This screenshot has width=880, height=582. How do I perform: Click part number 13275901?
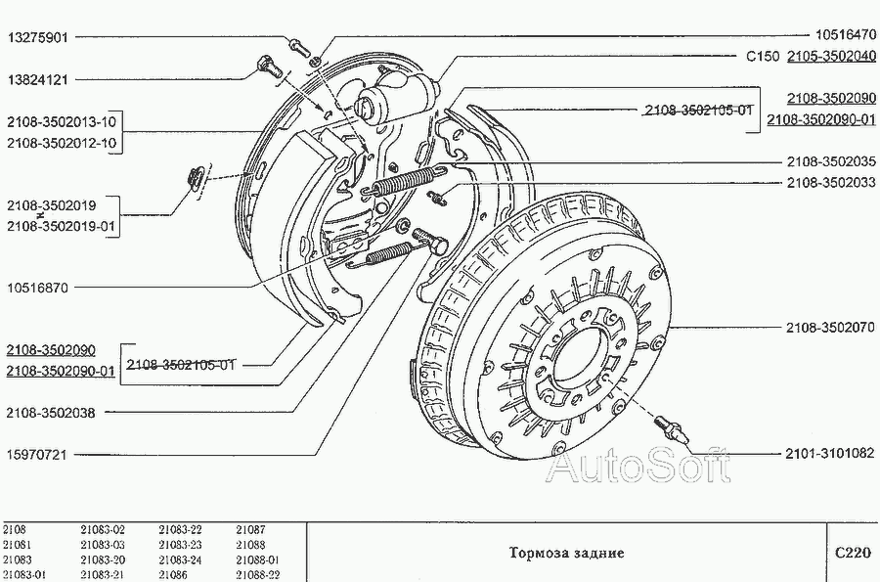(37, 38)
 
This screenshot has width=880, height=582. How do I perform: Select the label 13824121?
(37, 78)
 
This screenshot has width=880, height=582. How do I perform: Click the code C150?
(762, 56)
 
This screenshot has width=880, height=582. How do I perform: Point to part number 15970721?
(37, 454)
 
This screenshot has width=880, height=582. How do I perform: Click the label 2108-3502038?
(50, 412)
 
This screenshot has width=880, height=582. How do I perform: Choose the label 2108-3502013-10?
(62, 122)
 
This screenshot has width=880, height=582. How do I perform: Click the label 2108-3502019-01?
(62, 226)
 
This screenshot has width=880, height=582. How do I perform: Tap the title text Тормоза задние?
(566, 553)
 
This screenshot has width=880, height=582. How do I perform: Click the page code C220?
(852, 552)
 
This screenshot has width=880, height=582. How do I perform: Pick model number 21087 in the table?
(250, 530)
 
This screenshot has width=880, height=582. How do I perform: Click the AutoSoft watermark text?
(638, 466)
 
